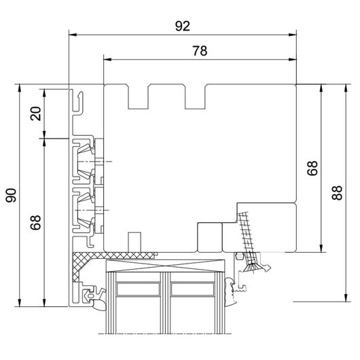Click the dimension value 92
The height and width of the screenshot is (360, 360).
183,26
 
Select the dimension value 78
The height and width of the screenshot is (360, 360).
200,51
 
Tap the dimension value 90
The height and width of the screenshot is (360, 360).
11,195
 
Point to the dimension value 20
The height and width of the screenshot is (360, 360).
35,113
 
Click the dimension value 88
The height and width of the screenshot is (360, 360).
337,193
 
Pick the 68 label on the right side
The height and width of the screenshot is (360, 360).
312,168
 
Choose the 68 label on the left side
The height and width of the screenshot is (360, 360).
35,222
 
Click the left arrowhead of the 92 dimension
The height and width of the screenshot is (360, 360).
73,35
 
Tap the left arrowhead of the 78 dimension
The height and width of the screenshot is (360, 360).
107,60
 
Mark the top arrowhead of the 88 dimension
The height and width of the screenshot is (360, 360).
346,88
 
